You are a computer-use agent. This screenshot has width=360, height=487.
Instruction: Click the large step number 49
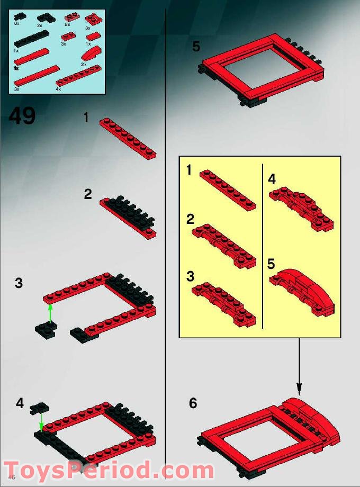pyautogui.click(x=22, y=116)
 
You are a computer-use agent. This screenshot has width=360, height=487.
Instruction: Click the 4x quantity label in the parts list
pyautogui.click(x=58, y=89)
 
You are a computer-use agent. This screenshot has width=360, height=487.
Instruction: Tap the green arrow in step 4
pyautogui.click(x=41, y=421)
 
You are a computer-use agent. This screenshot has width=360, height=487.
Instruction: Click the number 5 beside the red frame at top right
pyautogui.click(x=196, y=47)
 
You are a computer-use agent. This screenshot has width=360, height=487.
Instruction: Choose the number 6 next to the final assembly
pyautogui.click(x=193, y=403)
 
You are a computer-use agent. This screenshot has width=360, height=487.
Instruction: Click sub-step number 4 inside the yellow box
pyautogui.click(x=272, y=179)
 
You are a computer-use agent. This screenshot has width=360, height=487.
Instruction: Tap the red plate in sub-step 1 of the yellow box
pyautogui.click(x=227, y=190)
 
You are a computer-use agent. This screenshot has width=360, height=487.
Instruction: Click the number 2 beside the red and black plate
pyautogui.click(x=88, y=194)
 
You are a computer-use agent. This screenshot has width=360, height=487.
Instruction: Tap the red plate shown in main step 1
pyautogui.click(x=128, y=138)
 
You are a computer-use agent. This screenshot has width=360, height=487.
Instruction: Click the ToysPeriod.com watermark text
pyautogui.click(x=109, y=470)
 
